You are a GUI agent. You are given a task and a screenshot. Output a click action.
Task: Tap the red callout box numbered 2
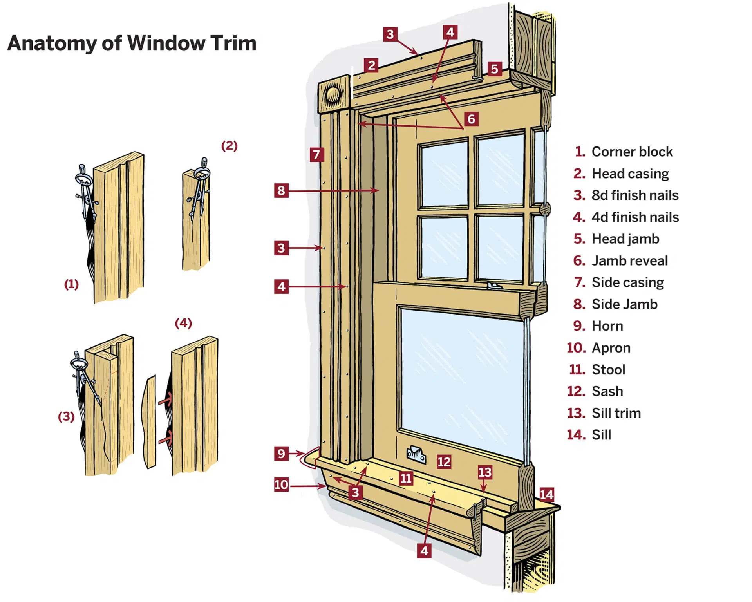[x=371, y=65]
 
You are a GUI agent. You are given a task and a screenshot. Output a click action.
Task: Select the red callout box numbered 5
[x=494, y=69]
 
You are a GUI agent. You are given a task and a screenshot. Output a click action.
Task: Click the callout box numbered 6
[x=471, y=119]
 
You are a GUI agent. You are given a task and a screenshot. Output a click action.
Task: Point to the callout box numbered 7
[x=316, y=155]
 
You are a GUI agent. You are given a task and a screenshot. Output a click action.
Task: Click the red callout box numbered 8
[x=281, y=191]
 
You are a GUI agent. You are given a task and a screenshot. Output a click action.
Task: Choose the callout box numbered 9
[x=281, y=454]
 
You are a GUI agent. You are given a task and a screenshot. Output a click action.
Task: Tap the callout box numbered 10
[x=281, y=485]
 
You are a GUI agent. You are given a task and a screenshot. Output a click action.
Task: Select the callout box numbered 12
[x=444, y=462]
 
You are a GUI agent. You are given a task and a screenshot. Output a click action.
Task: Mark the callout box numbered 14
[x=546, y=495]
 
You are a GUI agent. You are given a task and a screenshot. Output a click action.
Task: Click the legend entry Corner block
[x=631, y=152]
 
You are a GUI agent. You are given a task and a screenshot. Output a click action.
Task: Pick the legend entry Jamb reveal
[x=629, y=261]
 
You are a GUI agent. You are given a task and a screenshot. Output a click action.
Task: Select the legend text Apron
[x=611, y=348]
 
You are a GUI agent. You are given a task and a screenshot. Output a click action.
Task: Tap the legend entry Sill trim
[x=616, y=413]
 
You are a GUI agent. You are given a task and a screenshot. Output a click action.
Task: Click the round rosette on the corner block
[x=333, y=94]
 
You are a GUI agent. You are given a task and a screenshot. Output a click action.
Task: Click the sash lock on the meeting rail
[x=494, y=286]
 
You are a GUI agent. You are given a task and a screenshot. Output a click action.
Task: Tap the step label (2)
[x=230, y=146]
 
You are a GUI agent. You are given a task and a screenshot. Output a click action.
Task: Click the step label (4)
[x=183, y=323]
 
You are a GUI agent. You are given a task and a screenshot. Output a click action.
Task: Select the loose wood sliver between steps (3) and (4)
[x=150, y=422]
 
